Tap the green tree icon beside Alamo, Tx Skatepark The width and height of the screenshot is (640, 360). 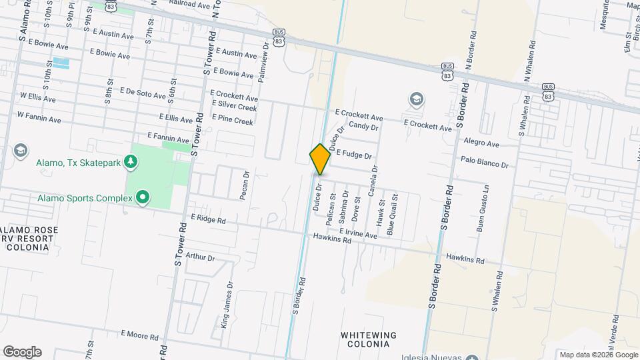click(132, 161)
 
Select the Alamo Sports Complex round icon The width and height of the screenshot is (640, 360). click(141, 197)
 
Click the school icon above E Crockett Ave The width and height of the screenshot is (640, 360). click(417, 100)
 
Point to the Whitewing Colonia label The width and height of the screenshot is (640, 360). click(369, 339)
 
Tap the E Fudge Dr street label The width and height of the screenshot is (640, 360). click(353, 154)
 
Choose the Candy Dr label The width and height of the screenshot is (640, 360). click(363, 126)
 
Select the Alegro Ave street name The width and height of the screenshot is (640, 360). click(481, 143)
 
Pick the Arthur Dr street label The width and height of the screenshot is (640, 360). click(200, 257)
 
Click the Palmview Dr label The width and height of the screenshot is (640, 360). click(262, 63)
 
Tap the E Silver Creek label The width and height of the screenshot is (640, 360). click(234, 107)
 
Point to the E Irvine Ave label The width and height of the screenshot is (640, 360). click(357, 233)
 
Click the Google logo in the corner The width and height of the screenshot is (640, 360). click(22, 351)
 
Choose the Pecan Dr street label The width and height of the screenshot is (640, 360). click(245, 186)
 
